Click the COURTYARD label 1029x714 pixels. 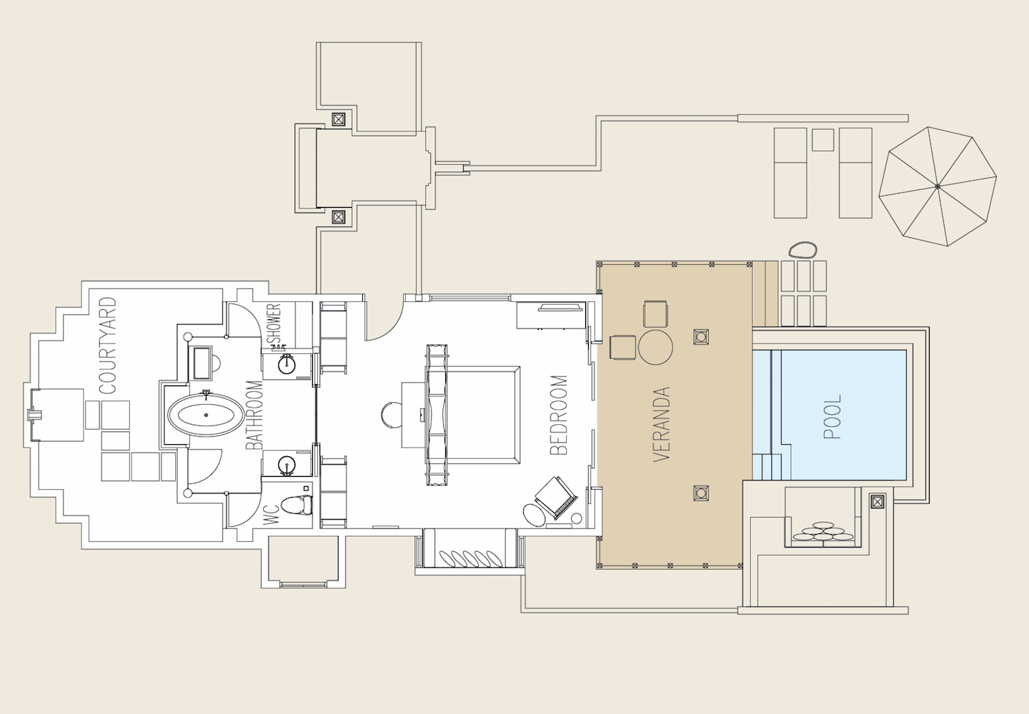[107, 346]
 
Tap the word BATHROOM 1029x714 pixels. [254, 416]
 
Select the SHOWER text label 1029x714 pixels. [274, 323]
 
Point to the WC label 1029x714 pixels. [271, 515]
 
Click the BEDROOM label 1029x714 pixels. [559, 416]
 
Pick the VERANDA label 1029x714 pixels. [661, 424]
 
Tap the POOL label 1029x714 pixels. [832, 417]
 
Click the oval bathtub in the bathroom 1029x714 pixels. [206, 415]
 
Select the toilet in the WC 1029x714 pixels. [297, 505]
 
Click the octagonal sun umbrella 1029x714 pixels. [938, 186]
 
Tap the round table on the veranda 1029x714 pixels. [655, 348]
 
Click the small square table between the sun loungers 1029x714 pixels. [822, 140]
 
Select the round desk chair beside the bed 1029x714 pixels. [392, 415]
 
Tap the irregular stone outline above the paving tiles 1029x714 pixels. [802, 250]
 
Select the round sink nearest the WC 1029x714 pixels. [287, 465]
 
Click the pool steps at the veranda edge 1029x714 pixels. [767, 467]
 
